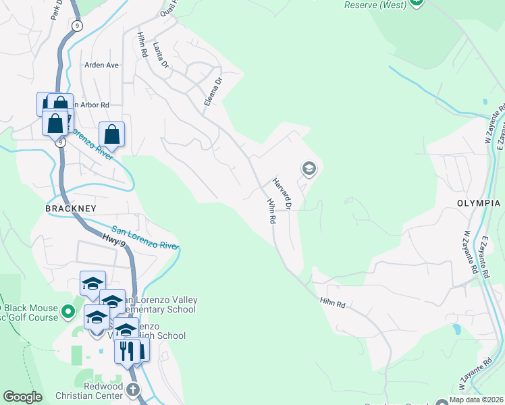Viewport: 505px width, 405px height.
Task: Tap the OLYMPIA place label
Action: (x=477, y=203)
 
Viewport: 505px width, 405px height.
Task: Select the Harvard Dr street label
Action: (x=283, y=192)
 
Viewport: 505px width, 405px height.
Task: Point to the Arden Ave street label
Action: (x=101, y=65)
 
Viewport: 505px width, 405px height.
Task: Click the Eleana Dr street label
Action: (x=213, y=91)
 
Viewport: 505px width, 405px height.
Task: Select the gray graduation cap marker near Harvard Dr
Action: (x=309, y=168)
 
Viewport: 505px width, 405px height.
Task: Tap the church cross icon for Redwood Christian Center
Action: (x=133, y=389)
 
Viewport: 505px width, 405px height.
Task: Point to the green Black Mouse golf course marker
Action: (x=68, y=311)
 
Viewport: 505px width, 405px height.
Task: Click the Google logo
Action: (x=22, y=397)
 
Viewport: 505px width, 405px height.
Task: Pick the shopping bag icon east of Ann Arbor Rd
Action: (x=112, y=134)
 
